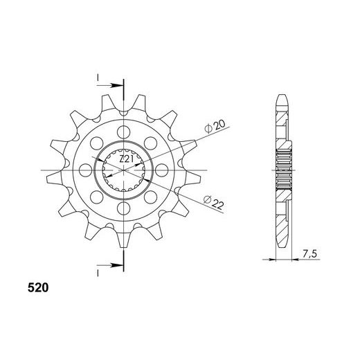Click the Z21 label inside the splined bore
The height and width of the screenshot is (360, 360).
click(125, 159)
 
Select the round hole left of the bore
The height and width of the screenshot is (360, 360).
click(86, 169)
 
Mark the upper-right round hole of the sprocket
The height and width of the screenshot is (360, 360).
click(151, 142)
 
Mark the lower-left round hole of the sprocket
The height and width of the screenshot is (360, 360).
click(97, 196)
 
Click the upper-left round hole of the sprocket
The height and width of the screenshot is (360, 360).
click(97, 142)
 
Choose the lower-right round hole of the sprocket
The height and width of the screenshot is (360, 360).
click(151, 196)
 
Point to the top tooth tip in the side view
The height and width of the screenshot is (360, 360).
click(282, 96)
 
